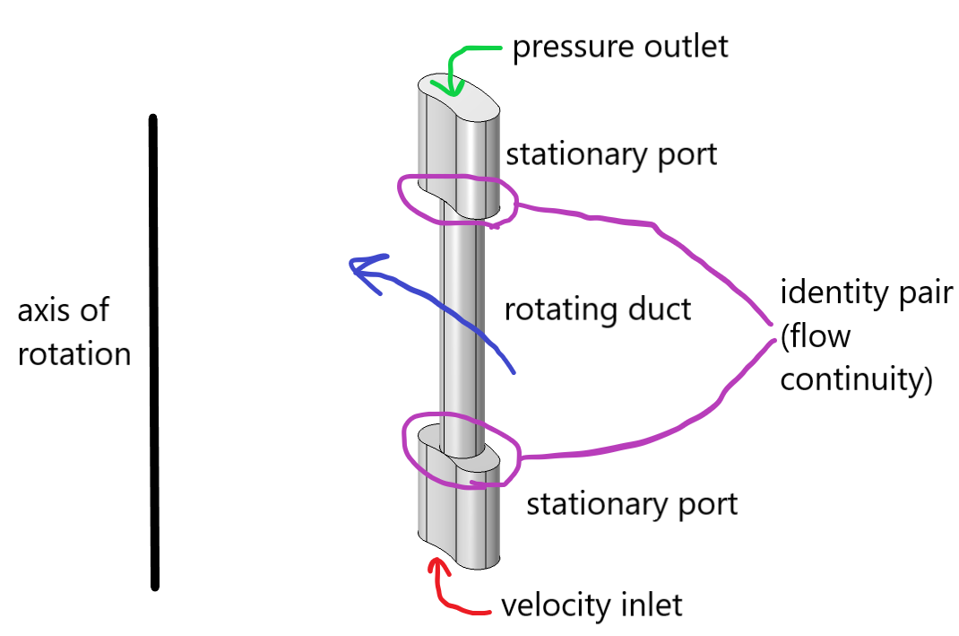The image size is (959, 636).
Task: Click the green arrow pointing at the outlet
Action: click(456, 63)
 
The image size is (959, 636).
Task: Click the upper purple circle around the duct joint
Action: click(402, 192)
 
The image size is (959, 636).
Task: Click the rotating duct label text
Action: click(598, 309)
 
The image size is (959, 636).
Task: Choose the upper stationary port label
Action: click(611, 154)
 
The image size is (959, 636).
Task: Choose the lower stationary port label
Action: click(632, 503)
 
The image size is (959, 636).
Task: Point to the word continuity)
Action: click(857, 379)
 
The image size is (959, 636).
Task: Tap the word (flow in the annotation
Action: click(815, 336)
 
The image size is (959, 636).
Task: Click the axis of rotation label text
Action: click(74, 332)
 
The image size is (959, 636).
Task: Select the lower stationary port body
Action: click(458, 511)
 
